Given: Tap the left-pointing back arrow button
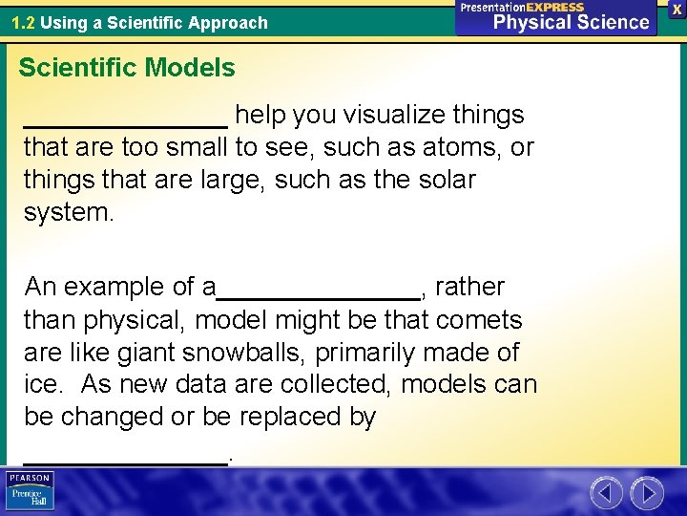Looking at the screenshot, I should click(x=606, y=493).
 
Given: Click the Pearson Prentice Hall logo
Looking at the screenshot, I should click(x=30, y=491).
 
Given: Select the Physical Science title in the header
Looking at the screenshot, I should click(x=571, y=21).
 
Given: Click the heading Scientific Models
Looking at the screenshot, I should click(x=127, y=68).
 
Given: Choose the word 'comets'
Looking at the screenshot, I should click(x=480, y=320).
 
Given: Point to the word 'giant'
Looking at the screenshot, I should click(x=148, y=353).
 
